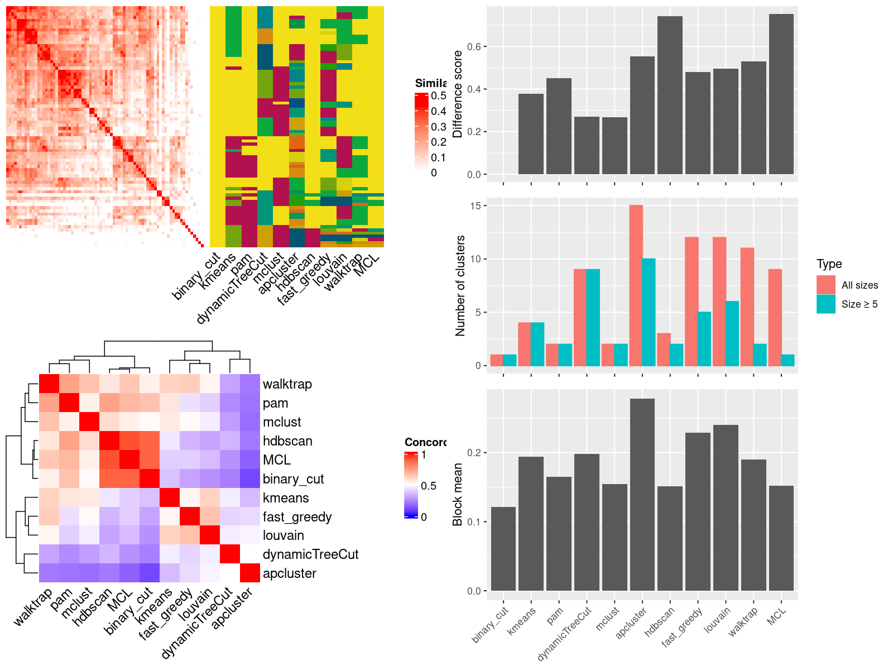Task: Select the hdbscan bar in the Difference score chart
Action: click(670, 95)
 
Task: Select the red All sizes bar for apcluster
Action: click(636, 285)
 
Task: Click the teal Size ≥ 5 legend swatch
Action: click(826, 304)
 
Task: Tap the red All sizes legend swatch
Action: click(826, 285)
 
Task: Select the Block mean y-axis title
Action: click(458, 494)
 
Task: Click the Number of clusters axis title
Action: click(460, 285)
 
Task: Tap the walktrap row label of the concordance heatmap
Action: click(287, 384)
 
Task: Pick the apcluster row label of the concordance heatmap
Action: click(289, 573)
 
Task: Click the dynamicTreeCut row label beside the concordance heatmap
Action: click(310, 554)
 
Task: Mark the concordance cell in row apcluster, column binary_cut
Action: click(149, 573)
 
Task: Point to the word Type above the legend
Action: click(829, 264)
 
